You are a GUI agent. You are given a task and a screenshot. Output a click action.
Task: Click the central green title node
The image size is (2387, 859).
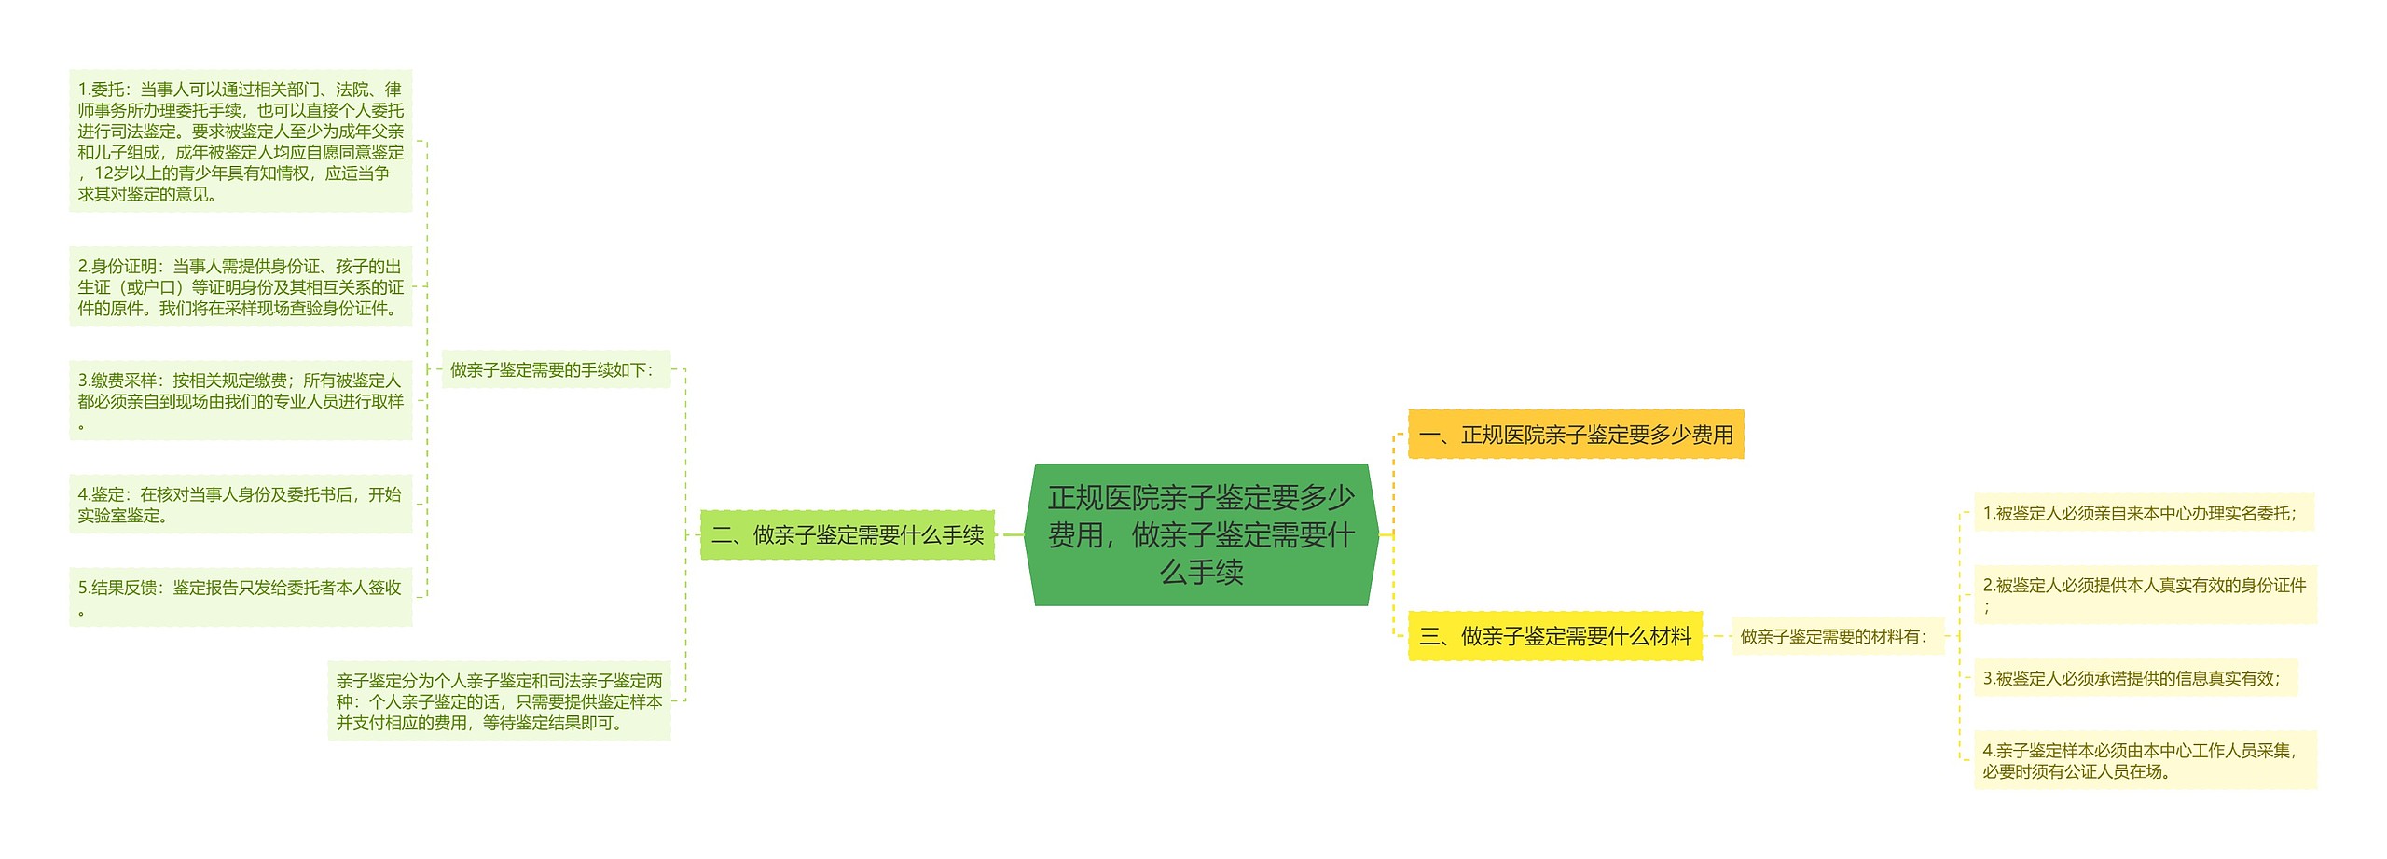pyautogui.click(x=1201, y=534)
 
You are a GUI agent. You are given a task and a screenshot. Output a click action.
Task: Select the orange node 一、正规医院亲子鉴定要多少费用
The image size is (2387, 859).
pyautogui.click(x=1575, y=435)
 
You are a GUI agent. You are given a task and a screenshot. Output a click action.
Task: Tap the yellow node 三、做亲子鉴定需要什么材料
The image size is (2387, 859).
pyautogui.click(x=1554, y=636)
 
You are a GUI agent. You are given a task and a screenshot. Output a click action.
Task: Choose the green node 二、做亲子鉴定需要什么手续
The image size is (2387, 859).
pyautogui.click(x=847, y=535)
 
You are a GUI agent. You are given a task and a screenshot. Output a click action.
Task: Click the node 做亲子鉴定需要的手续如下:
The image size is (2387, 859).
pyautogui.click(x=555, y=370)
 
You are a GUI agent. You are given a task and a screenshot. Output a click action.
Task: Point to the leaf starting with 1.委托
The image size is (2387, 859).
pyautogui.click(x=241, y=141)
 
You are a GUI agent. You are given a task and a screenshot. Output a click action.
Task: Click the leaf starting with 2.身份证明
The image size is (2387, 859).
pyautogui.click(x=241, y=287)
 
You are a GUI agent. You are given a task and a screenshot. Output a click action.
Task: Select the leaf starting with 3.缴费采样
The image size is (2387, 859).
pyautogui.click(x=241, y=400)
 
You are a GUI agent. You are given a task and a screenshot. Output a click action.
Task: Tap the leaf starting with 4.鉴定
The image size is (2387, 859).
pyautogui.click(x=241, y=505)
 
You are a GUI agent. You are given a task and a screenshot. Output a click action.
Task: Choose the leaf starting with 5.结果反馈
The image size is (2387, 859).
pyautogui.click(x=241, y=597)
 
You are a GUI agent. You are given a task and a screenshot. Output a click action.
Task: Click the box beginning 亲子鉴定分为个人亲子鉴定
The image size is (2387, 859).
pyautogui.click(x=499, y=701)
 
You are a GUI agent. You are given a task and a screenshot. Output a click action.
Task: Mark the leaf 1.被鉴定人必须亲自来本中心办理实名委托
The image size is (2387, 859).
pyautogui.click(x=2143, y=513)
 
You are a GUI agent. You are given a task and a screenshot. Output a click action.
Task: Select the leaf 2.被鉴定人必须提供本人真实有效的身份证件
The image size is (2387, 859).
pyautogui.click(x=2145, y=594)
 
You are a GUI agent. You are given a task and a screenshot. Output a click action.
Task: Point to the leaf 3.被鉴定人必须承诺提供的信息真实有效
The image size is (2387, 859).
pyautogui.click(x=2134, y=678)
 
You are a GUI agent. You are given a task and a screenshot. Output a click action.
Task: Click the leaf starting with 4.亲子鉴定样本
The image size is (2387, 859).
pyautogui.click(x=2145, y=760)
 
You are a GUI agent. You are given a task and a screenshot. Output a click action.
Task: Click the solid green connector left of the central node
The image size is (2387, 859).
pyautogui.click(x=1010, y=535)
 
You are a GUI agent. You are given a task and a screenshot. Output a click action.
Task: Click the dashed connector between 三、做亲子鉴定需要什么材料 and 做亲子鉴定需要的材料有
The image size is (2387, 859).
pyautogui.click(x=1717, y=636)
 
